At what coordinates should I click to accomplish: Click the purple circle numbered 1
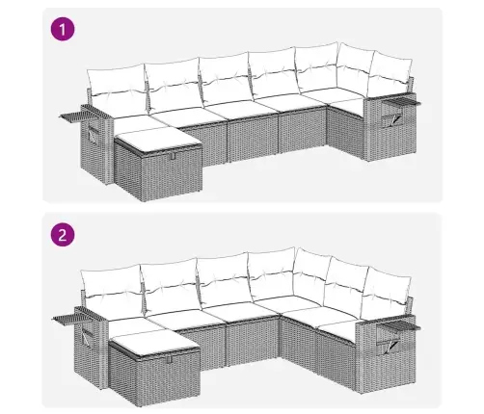point(63,29)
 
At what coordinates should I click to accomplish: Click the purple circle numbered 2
point(63,235)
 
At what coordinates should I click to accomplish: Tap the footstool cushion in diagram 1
point(158,139)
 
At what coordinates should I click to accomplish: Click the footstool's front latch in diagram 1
point(173,156)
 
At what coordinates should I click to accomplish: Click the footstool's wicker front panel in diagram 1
point(172,173)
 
